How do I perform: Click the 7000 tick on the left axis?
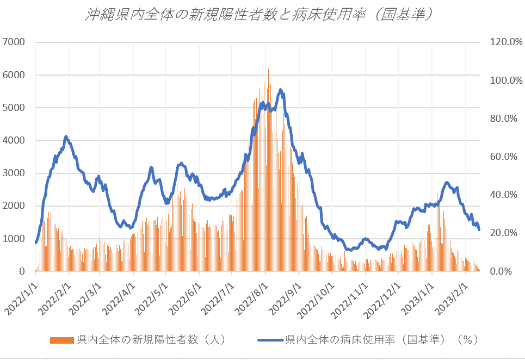pyautogui.click(x=14, y=42)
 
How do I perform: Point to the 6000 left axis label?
pyautogui.click(x=14, y=75)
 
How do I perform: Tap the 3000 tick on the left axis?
pyautogui.click(x=14, y=173)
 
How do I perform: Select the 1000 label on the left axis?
pyautogui.click(x=14, y=239)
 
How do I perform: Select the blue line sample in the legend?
pyautogui.click(x=269, y=340)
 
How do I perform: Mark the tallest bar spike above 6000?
pyautogui.click(x=268, y=70)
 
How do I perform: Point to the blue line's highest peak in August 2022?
pyautogui.click(x=281, y=90)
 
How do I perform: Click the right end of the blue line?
pyautogui.click(x=479, y=229)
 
